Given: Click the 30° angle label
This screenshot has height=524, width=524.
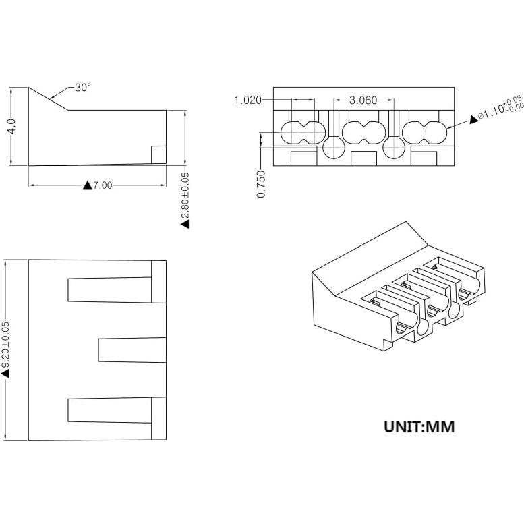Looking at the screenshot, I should pyautogui.click(x=83, y=88).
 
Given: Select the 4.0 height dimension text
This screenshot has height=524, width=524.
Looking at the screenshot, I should pyautogui.click(x=11, y=127).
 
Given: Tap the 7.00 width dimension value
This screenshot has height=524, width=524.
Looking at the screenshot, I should pyautogui.click(x=103, y=185).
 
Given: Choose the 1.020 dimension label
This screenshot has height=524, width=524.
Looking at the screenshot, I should pyautogui.click(x=248, y=100).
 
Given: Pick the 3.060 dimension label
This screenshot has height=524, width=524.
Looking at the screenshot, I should pyautogui.click(x=363, y=100).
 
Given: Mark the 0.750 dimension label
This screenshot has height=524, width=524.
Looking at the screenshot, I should pyautogui.click(x=262, y=183).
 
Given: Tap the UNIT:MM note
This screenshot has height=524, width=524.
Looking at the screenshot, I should pyautogui.click(x=419, y=426).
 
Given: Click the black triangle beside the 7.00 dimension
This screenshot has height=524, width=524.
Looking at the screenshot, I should pyautogui.click(x=87, y=185).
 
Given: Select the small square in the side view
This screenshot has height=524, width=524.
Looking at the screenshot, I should pyautogui.click(x=158, y=154).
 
